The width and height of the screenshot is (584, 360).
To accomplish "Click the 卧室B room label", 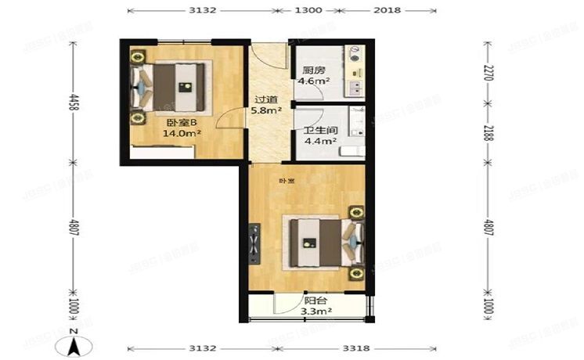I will click(180, 122).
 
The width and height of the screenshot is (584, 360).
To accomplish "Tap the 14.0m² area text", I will click(182, 134).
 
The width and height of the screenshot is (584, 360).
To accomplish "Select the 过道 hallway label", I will click(266, 99).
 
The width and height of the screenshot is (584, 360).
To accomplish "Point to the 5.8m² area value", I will click(266, 111).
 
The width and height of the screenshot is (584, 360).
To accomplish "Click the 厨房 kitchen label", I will click(314, 70).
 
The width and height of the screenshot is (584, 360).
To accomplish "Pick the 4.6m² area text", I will click(315, 81).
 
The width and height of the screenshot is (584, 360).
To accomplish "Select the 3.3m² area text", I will click(315, 311).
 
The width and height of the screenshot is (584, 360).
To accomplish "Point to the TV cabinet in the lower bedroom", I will click(255, 243).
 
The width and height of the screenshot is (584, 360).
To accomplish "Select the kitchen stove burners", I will click(356, 54).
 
